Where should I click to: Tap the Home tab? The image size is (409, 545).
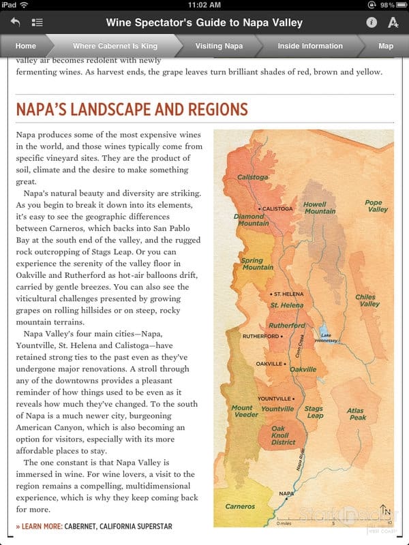coord(26,46)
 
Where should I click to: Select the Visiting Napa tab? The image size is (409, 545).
coord(218,46)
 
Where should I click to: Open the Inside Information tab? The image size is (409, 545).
coord(309,46)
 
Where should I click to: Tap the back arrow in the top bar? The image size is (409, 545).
coord(15,22)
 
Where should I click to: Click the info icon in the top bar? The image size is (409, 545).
coord(372,22)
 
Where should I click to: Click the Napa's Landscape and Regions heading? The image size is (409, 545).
coord(132,110)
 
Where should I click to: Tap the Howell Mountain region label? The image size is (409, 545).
coord(319,208)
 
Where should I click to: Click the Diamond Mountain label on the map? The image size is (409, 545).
coord(252,220)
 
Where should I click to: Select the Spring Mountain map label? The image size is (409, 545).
coord(257,264)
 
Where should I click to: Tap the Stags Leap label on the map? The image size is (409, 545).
coord(314,412)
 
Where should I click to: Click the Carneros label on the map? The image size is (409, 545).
coord(240,507)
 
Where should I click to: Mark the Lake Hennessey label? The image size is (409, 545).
coord(327,339)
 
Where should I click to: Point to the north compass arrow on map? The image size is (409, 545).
coord(386,511)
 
